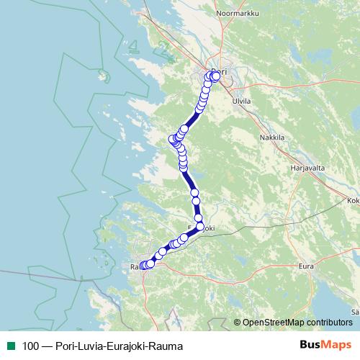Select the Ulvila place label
tap(242, 102)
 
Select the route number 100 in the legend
tap(30, 346)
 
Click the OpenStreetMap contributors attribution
tap(297, 322)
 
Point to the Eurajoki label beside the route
tap(203, 228)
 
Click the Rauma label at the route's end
tap(136, 267)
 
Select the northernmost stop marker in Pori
tap(215, 73)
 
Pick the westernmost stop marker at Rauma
tap(142, 266)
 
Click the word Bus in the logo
tap(310, 345)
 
